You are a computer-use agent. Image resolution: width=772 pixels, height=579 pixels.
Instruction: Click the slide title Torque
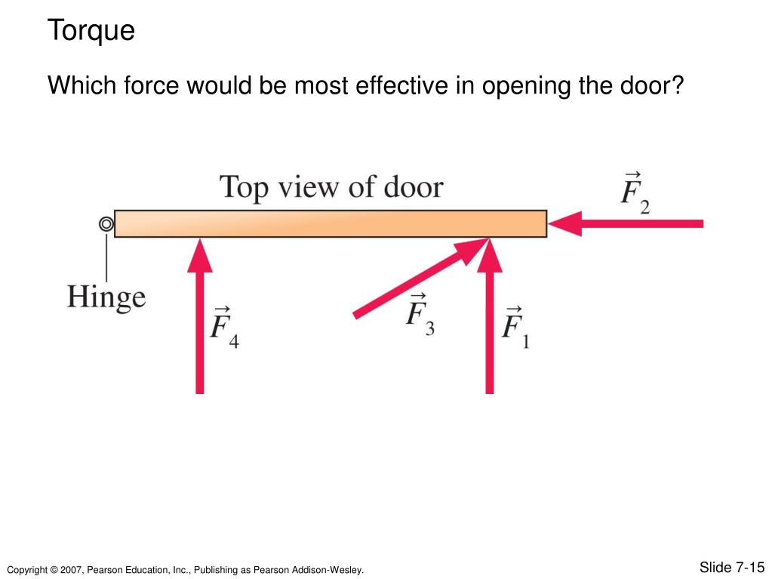(x=91, y=31)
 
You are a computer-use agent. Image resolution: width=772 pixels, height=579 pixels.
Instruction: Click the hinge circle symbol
(x=106, y=224)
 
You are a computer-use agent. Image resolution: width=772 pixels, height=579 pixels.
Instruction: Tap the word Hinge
(x=106, y=296)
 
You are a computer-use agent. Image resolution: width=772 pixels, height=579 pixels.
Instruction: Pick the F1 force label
(x=515, y=327)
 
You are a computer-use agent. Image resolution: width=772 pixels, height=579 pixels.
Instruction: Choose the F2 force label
(x=635, y=195)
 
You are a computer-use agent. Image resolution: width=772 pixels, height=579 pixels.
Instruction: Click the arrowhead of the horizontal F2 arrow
(x=564, y=223)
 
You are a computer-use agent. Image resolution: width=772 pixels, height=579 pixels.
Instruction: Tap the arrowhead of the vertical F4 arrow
(x=200, y=255)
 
